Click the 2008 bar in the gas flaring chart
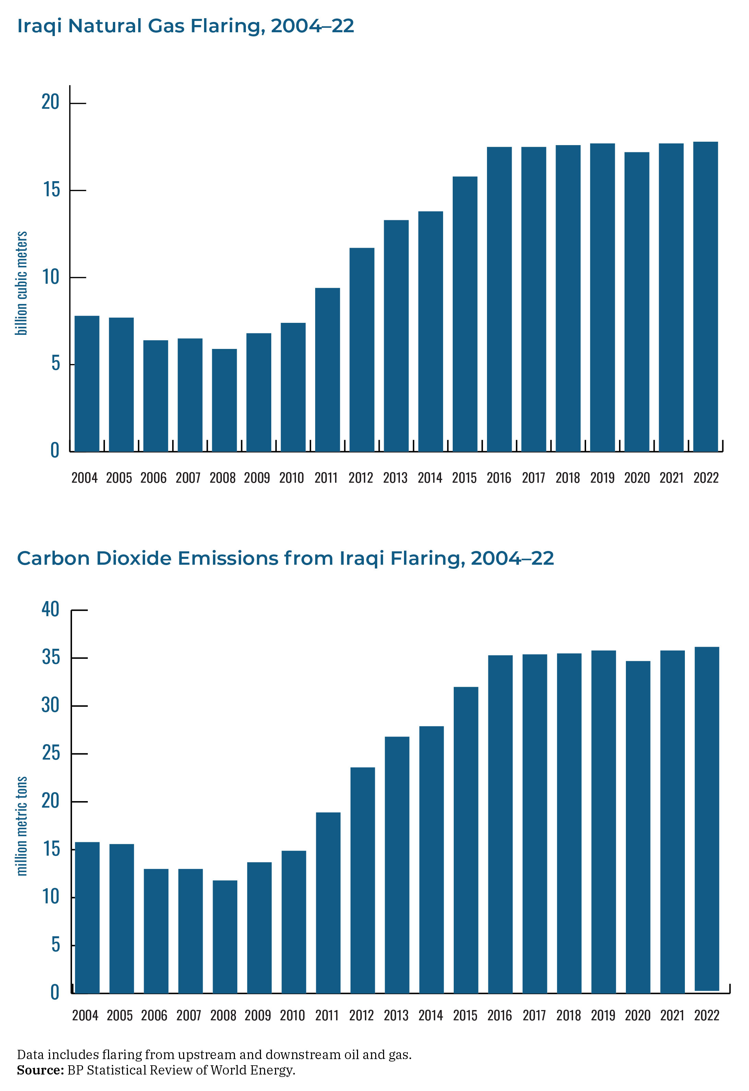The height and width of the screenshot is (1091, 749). coord(224,400)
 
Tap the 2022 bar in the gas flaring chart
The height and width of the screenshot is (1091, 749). coord(705,297)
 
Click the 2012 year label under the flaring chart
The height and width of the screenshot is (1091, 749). coord(360,478)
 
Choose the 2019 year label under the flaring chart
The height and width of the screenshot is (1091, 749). coord(602,478)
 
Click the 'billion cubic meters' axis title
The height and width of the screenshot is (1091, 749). coord(22,283)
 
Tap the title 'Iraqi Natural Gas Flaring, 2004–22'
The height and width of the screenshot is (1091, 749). coord(186,26)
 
